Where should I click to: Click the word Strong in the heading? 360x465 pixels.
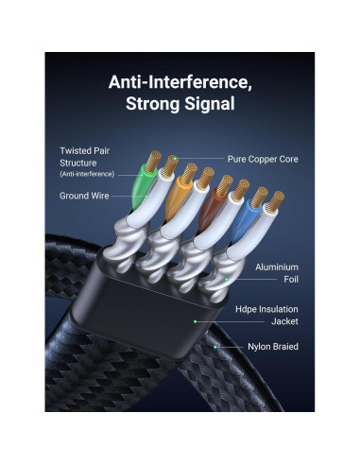pos(156,103)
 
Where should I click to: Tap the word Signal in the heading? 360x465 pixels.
pos(215,103)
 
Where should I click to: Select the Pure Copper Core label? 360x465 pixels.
pos(263,160)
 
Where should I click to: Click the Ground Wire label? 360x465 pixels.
pos(84,196)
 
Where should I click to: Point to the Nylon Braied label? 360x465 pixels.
pos(272,347)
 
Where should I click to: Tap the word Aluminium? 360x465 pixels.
pos(277,267)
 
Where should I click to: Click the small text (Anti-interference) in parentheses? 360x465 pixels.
pos(87,174)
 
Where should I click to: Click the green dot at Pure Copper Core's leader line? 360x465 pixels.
pos(173,160)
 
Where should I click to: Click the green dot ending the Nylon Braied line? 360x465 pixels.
pos(215,347)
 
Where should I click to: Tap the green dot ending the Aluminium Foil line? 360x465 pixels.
pos(227,279)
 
